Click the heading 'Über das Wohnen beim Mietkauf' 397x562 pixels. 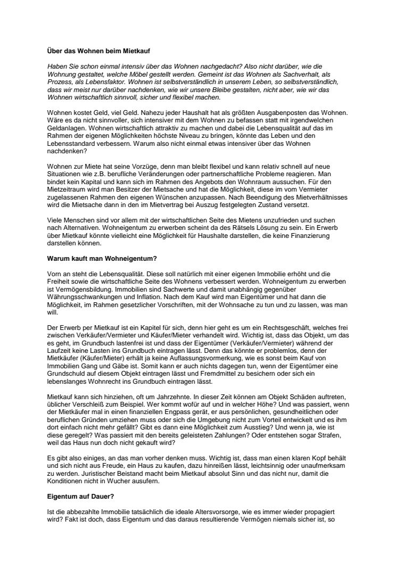(98, 51)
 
